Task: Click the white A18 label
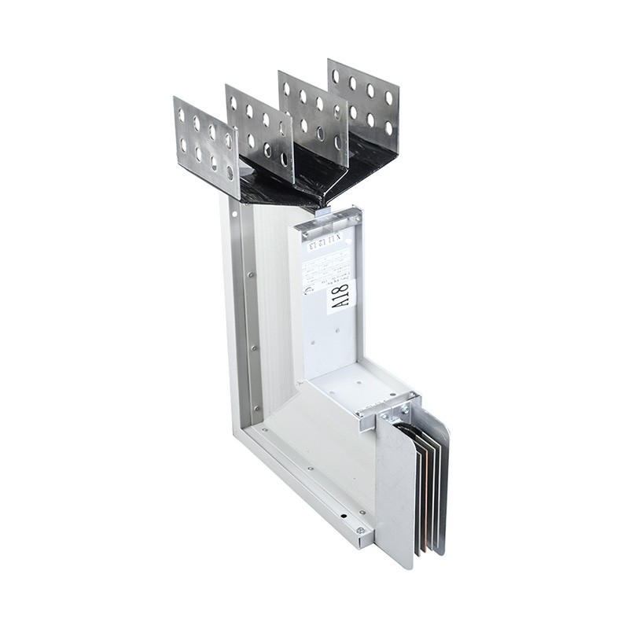click(341, 298)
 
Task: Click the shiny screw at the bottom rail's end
click(360, 531)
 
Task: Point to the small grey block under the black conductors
click(322, 211)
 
